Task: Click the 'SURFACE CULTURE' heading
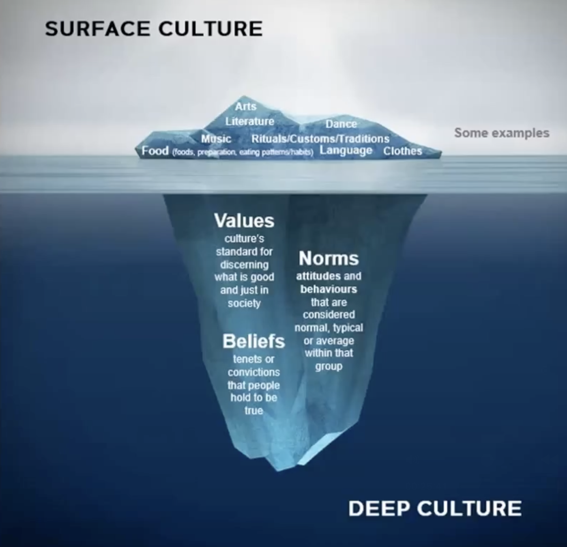coord(154,29)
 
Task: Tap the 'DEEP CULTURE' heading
coord(435,508)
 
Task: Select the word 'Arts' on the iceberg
coord(246,106)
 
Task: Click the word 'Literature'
coord(250,121)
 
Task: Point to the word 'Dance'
coord(341,124)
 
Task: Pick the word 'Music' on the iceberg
coord(216,139)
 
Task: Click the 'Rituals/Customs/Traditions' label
coord(320,139)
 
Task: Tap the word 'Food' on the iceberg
coord(155,151)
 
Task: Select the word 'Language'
coord(346,151)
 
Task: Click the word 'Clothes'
coord(403,151)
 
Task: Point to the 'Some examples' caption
coord(502,133)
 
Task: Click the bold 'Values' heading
coord(244,221)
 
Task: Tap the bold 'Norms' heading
coord(329,258)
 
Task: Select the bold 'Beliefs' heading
coord(253,341)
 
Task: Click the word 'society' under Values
coord(244,303)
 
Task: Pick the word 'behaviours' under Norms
coord(329,289)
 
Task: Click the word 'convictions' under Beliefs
coord(253,372)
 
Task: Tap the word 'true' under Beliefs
coord(253,410)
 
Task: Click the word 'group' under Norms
coord(329,366)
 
